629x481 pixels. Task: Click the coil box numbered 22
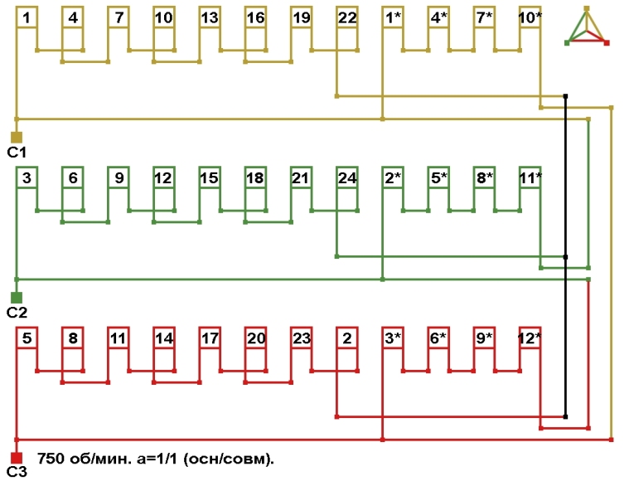[347, 17]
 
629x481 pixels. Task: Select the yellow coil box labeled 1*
[393, 17]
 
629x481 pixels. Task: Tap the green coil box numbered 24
[347, 177]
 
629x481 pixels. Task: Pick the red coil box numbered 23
[302, 338]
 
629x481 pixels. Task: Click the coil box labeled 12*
[530, 338]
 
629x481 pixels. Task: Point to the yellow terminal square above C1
[16, 137]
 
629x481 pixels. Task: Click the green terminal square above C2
[16, 297]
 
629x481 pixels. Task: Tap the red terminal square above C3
[16, 457]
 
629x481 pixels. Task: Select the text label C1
[17, 153]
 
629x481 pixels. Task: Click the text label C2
[17, 313]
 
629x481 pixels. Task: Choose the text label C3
[17, 473]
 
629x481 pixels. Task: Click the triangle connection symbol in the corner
[587, 27]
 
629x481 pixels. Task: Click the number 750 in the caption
[51, 458]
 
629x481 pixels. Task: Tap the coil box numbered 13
[210, 17]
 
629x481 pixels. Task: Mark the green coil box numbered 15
[210, 177]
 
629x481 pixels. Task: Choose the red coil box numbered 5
[27, 338]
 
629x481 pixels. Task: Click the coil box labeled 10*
[530, 17]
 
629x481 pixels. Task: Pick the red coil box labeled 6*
[438, 338]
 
